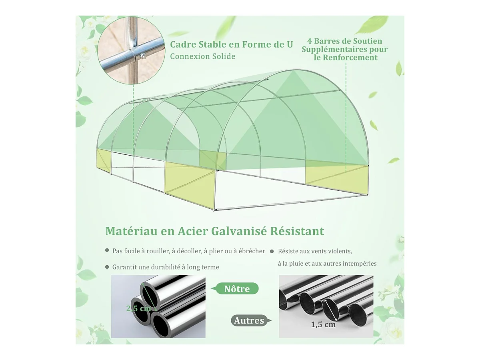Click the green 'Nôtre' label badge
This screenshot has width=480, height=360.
coord(235,289)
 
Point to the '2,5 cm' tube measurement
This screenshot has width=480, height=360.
coord(139,308)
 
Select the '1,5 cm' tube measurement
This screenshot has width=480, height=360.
coord(323,324)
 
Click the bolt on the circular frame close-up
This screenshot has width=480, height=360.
coord(143,56)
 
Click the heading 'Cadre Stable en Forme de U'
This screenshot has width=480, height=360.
coord(231,44)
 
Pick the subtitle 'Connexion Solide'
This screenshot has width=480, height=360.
coord(203,56)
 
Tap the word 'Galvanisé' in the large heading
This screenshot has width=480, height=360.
coord(241,231)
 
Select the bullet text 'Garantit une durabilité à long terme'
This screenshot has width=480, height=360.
coord(166,267)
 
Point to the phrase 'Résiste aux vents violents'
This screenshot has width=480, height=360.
coord(315,251)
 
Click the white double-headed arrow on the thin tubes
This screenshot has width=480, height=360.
coord(331,310)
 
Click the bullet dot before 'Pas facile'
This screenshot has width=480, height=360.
coord(107,250)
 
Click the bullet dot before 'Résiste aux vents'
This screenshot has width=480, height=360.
coord(272,251)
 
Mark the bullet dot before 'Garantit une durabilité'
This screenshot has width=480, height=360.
coord(107,267)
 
